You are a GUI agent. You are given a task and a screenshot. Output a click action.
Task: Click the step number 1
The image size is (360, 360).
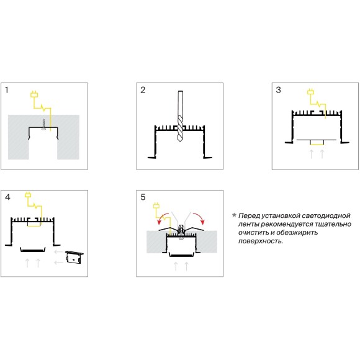[x=7, y=90]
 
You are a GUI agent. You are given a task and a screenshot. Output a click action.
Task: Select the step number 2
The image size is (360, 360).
[x=143, y=90]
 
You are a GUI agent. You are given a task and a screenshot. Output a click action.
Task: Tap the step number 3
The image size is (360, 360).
[x=278, y=90]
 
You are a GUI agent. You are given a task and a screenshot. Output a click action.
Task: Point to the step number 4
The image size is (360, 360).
[x=7, y=197]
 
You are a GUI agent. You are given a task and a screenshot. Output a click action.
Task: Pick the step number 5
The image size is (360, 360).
[x=143, y=197]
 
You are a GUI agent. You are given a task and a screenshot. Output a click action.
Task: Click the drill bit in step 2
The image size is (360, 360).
[x=180, y=116]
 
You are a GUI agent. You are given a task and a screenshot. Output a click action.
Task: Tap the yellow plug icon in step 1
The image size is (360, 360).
[x=34, y=94]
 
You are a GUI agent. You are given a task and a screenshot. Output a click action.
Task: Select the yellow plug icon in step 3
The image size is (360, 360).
[x=311, y=91]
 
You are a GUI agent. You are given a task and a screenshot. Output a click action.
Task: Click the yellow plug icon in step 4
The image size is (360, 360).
[x=28, y=194]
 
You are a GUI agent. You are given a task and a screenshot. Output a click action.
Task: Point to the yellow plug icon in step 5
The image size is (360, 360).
[x=156, y=205]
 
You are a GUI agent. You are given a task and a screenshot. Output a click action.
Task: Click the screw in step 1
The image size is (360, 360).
[x=43, y=125]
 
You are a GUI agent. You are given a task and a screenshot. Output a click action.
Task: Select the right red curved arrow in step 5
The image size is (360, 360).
[x=199, y=218]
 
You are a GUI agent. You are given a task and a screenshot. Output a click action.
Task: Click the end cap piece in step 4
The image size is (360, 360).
[x=74, y=258]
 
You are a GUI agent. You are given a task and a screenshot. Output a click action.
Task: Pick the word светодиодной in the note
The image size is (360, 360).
[x=326, y=215]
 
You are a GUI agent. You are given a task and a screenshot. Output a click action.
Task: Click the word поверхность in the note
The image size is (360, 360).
[x=261, y=241]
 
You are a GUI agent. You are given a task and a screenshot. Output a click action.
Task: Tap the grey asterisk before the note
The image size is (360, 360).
[x=234, y=215]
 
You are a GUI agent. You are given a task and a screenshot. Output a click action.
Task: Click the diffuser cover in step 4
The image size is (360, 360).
[x=33, y=250]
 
